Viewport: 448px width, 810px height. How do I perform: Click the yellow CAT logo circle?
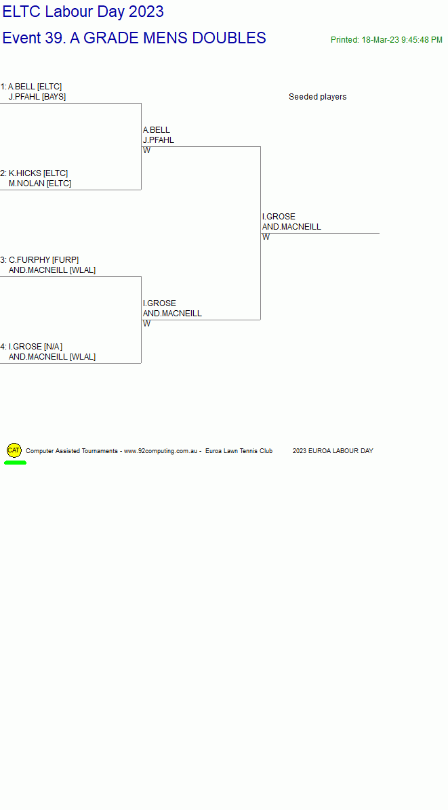[14, 450]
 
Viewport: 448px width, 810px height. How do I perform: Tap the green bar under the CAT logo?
[15, 463]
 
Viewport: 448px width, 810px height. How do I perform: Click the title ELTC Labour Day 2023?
[83, 12]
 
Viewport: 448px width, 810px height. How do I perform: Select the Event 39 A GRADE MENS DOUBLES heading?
[134, 38]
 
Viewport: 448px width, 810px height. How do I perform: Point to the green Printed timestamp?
[386, 40]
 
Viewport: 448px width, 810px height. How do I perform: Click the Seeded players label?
[318, 97]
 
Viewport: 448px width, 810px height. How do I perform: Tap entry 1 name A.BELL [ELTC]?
[35, 86]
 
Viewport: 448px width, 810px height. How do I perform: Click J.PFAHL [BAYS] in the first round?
[37, 97]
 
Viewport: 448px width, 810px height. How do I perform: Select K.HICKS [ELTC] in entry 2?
[38, 173]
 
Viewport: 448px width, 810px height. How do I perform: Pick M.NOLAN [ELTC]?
[40, 184]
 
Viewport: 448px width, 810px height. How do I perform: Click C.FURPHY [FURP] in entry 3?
[44, 260]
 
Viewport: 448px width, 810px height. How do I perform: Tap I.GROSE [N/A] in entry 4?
[36, 347]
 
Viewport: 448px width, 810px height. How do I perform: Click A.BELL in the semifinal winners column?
[157, 129]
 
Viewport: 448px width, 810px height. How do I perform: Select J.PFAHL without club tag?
[159, 140]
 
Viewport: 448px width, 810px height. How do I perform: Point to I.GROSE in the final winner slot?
[279, 217]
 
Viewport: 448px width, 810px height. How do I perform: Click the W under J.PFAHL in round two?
[147, 150]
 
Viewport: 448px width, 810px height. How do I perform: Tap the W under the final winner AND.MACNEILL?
[266, 237]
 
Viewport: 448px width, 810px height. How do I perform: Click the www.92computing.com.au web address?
[161, 451]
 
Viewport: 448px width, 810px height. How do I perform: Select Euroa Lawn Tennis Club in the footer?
[239, 451]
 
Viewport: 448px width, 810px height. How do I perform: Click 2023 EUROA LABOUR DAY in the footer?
[333, 451]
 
